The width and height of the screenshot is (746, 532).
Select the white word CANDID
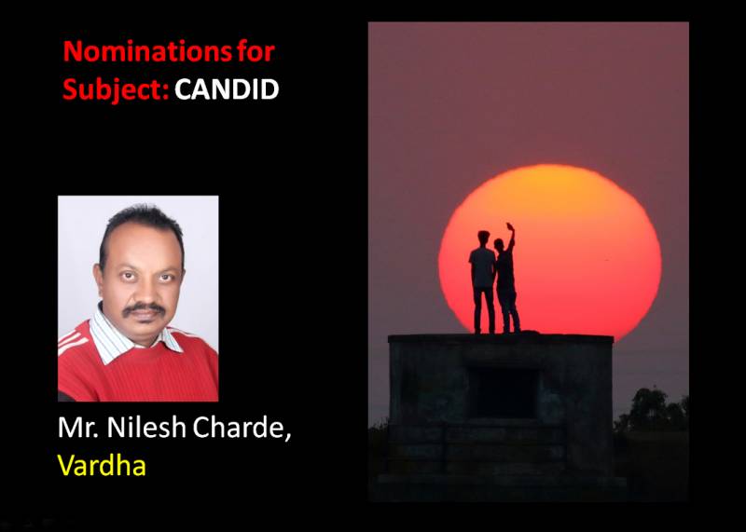point(227,89)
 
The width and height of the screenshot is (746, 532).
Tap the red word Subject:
point(116,90)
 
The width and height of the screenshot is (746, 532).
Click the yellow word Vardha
point(102,466)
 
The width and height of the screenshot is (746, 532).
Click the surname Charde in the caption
point(241,429)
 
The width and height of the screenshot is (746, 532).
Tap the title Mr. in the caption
point(79,428)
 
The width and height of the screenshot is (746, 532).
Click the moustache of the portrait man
point(144,309)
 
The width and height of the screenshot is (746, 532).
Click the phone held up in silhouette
point(510,226)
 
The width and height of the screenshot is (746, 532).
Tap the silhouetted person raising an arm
point(506,280)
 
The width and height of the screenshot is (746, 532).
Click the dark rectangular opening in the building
point(504,392)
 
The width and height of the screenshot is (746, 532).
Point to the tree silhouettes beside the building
point(651,410)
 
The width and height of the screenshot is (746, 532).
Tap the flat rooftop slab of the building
point(501,339)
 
